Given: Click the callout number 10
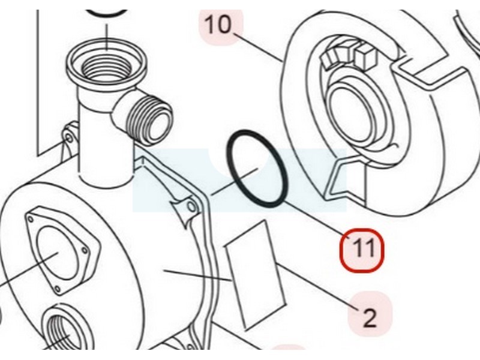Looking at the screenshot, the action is coord(218,25).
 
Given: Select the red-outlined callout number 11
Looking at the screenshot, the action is coord(362,250).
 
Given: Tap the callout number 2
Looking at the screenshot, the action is coord(370,317).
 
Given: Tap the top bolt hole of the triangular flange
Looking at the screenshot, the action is coord(31,220).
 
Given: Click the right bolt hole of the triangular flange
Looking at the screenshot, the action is coord(85,250).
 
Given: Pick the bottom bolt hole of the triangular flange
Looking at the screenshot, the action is coord(57,288).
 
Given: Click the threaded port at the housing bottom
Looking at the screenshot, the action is coord(64,331).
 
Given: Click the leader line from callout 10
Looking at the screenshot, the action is coord(258,47).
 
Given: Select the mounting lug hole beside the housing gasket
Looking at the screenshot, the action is coord(192,206).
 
